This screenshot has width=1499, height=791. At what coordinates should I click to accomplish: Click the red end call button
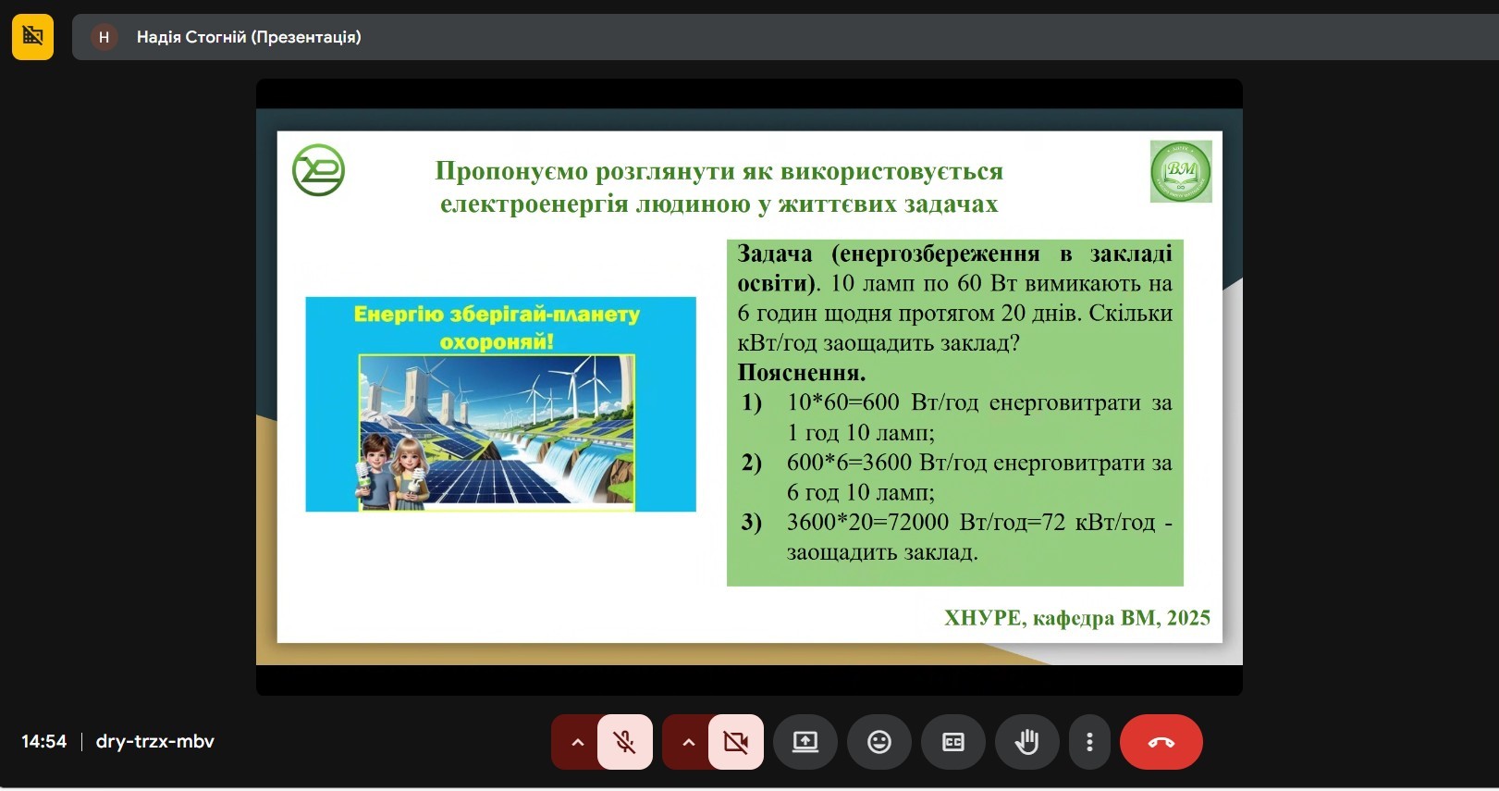coord(1161,742)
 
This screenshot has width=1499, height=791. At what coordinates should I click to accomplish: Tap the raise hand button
coord(1026,742)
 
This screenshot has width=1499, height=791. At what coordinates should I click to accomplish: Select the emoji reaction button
coord(879,742)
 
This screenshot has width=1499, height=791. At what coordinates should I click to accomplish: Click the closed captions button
coord(952,742)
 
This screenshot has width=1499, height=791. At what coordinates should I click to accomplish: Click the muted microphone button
coord(625,742)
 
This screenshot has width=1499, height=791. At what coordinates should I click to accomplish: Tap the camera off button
coord(736,742)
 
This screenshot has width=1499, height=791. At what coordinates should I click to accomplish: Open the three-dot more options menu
coord(1089,742)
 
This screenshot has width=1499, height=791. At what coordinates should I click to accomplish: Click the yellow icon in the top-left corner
coord(32,37)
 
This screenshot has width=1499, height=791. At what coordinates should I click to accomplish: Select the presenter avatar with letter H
coord(104,37)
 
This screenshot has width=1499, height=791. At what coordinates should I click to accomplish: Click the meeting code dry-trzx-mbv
coord(155,741)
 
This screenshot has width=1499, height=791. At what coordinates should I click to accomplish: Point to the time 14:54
coord(44,741)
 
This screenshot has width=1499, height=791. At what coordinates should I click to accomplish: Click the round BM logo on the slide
coord(1180,171)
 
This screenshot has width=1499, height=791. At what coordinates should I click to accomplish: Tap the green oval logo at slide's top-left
coord(318,170)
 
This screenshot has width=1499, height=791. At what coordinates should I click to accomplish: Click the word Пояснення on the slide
coord(801,373)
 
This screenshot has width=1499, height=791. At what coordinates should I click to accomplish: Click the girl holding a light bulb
coord(409,472)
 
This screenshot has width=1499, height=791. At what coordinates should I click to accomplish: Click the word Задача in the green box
coord(775,254)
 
